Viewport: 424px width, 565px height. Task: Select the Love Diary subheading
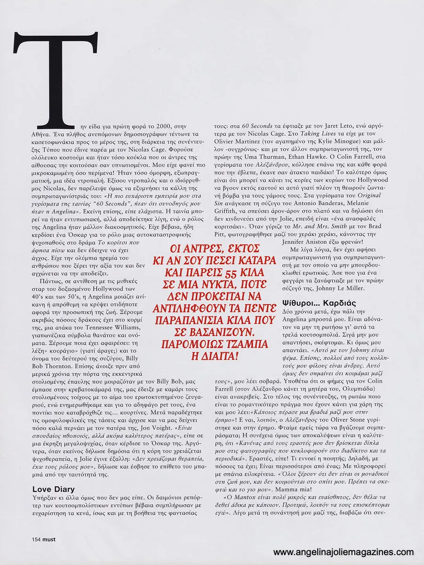click(x=53, y=489)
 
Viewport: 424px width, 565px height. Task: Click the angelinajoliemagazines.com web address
click(x=344, y=552)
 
